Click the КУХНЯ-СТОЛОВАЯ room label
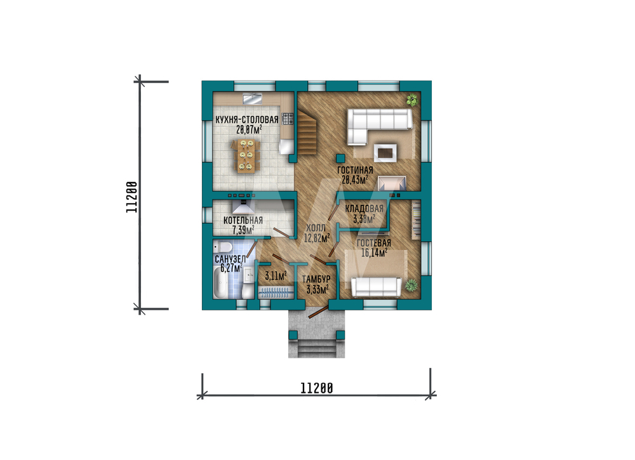click(x=246, y=120)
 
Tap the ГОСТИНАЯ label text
click(x=355, y=170)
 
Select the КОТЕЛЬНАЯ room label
click(x=243, y=221)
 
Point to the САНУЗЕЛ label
click(x=230, y=259)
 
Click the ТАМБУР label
click(x=316, y=279)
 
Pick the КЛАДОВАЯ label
click(x=364, y=209)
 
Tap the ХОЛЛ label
click(x=316, y=228)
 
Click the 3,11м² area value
click(x=276, y=277)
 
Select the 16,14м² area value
click(x=374, y=253)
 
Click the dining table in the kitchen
click(x=246, y=155)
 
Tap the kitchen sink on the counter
click(x=253, y=99)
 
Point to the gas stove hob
click(x=288, y=119)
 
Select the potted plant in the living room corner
click(x=412, y=100)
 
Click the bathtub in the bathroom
click(x=221, y=284)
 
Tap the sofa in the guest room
click(x=376, y=287)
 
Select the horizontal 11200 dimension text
click(x=317, y=388)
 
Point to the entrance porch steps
click(x=317, y=348)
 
